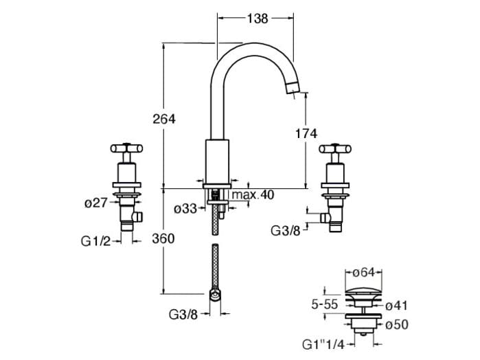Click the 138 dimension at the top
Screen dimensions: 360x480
coord(258,19)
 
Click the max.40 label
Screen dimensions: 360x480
coord(253,195)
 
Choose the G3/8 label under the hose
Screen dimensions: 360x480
coord(183,315)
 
